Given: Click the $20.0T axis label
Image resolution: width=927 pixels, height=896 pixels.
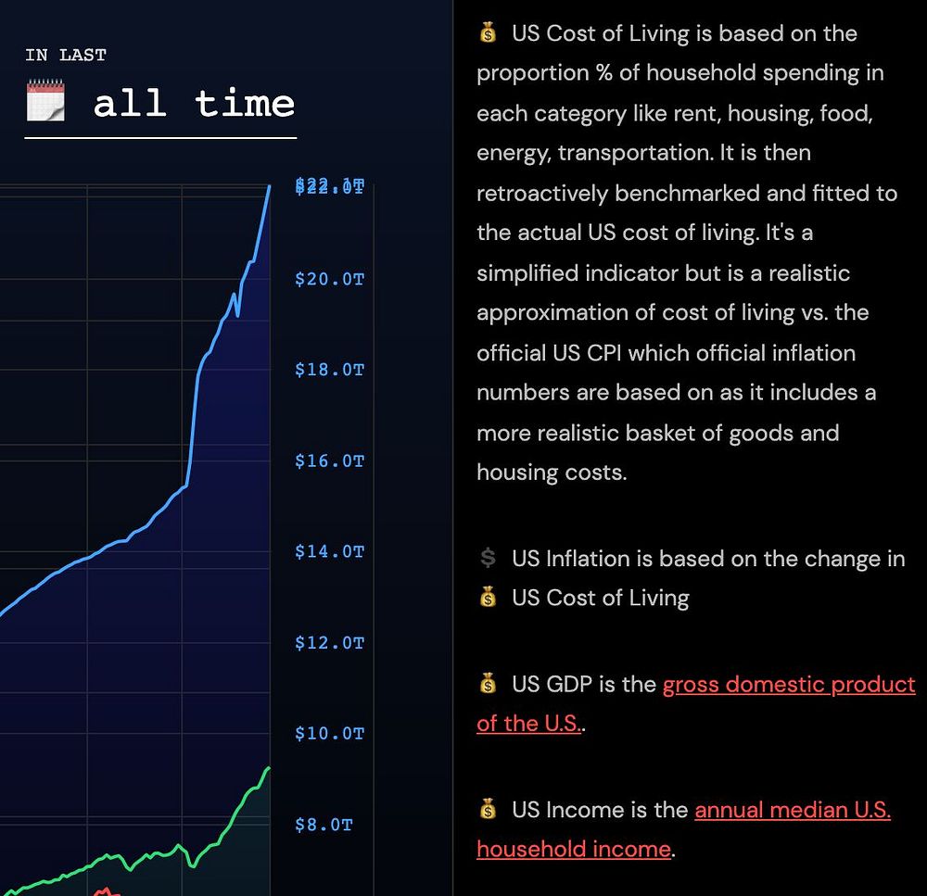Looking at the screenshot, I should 329,279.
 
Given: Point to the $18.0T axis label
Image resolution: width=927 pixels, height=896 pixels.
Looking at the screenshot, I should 329,370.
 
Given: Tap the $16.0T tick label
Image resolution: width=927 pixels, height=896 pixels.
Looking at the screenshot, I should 329,461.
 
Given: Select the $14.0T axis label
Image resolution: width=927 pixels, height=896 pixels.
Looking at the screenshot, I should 329,551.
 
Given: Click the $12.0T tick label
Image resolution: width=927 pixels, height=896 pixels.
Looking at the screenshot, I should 329,642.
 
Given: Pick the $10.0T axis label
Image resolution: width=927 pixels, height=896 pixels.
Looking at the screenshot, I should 329,733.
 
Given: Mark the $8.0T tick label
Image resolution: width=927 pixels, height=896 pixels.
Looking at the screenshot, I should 324,824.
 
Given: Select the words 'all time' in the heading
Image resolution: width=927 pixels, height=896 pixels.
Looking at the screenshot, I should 194,102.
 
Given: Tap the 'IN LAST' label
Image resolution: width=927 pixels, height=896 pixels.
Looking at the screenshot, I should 66,55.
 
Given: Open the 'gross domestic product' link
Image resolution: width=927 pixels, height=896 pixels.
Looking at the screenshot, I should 788,685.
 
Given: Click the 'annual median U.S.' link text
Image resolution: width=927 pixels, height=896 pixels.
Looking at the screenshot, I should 793,810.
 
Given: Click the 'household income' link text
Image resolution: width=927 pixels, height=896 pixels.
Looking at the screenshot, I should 573,849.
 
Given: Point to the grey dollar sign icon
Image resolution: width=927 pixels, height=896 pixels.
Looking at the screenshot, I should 488,558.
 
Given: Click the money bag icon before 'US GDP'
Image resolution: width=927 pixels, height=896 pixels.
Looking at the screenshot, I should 488,685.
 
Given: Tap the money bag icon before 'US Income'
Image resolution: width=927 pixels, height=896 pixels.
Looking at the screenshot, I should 488,810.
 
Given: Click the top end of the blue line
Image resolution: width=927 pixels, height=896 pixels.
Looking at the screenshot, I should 270,187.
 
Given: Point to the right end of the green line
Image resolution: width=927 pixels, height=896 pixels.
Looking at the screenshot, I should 269,768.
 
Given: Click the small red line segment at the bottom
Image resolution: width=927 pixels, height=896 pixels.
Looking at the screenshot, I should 107,891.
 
